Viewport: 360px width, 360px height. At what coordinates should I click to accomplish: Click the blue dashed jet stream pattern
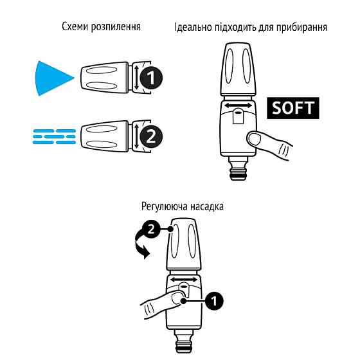pos(54,136)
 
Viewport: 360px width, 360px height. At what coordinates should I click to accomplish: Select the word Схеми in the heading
pos(75,28)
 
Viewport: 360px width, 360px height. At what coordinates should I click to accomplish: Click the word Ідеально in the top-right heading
pos(194,28)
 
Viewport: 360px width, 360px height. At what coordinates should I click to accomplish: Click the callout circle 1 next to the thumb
pos(215,300)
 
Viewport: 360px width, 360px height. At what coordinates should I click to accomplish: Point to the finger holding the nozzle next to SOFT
pos(264,139)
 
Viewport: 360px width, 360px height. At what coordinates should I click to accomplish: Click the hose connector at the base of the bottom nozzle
pos(185,341)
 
